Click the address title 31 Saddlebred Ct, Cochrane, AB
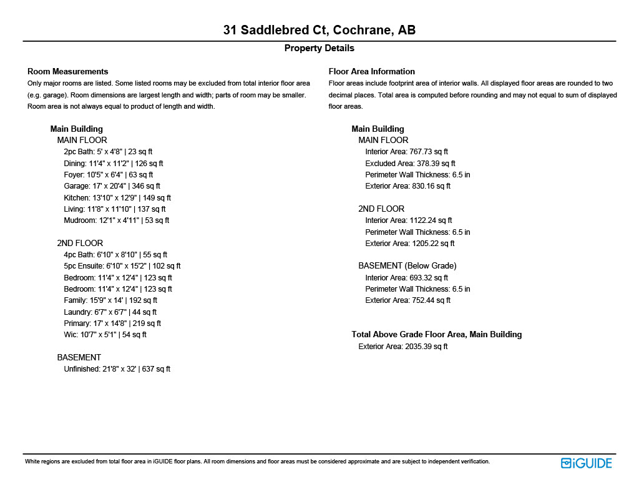[319, 30]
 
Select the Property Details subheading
[319, 48]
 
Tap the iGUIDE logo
[586, 463]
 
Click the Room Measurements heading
[68, 71]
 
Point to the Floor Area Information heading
[371, 71]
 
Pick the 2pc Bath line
[108, 152]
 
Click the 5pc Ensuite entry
[122, 266]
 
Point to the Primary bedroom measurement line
[112, 324]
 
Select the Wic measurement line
[105, 335]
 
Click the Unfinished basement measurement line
[117, 369]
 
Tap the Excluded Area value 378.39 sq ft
[410, 163]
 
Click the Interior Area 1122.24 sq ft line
[408, 220]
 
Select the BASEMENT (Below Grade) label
[407, 266]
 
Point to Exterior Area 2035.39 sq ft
[402, 346]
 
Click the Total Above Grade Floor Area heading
[436, 334]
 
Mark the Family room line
[110, 300]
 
